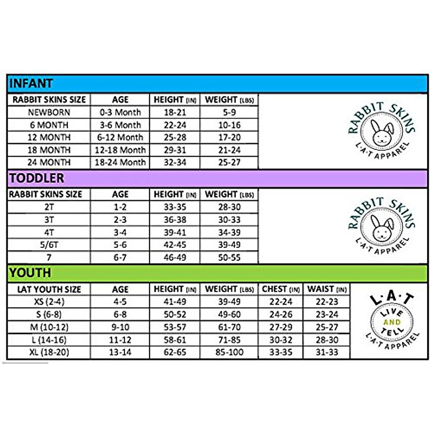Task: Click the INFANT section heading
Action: point(31,83)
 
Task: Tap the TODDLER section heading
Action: point(36,178)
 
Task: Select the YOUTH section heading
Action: point(30,273)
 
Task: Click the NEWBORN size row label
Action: point(49,112)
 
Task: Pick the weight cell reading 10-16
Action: point(229,125)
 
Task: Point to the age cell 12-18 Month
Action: point(120,150)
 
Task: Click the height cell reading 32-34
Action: point(175,162)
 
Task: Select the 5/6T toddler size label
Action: point(49,245)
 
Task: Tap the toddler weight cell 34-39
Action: point(229,232)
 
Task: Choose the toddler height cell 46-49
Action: point(175,258)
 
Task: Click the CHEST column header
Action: point(281,289)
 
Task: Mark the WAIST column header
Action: point(327,289)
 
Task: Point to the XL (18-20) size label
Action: point(49,352)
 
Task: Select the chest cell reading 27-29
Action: point(281,327)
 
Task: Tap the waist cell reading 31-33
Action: point(327,352)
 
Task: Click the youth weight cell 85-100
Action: point(229,352)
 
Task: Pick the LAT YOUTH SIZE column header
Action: point(49,289)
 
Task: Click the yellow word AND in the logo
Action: point(392,322)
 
